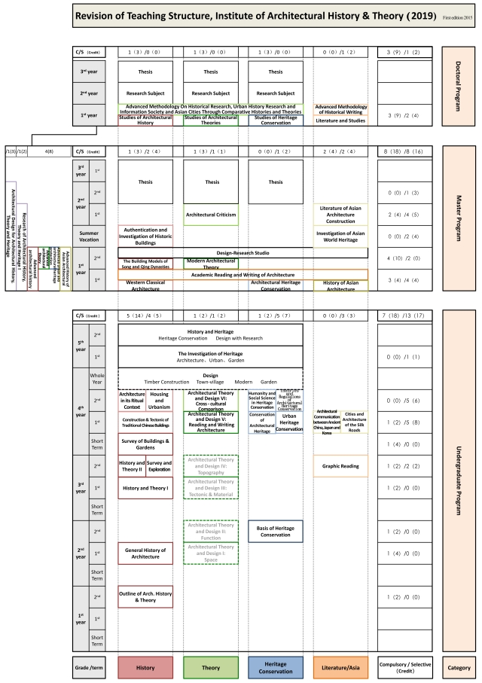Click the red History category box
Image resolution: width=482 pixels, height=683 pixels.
pos(145,666)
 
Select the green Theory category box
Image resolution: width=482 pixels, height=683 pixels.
pos(210,666)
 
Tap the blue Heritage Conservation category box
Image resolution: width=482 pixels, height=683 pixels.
pos(276,666)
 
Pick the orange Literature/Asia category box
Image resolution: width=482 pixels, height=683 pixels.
pos(341,666)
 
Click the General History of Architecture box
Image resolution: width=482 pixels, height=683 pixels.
pos(145,553)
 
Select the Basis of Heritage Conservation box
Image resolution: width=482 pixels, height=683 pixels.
pos(276,531)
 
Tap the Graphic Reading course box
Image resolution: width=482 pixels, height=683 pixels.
pos(341,465)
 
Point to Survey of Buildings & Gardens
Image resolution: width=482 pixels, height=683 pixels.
pos(145,444)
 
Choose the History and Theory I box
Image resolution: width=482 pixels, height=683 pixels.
pos(145,488)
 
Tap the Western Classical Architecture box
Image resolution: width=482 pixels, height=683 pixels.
pos(145,285)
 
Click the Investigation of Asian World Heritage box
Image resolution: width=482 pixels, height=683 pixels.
pos(341,236)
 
